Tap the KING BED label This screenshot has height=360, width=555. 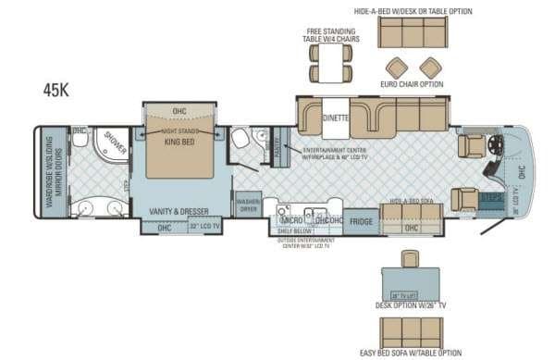(x=179, y=142)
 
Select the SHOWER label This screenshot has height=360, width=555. (x=116, y=141)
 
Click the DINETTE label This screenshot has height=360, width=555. (x=335, y=118)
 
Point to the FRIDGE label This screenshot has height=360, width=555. (x=361, y=221)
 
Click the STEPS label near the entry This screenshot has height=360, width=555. (x=491, y=196)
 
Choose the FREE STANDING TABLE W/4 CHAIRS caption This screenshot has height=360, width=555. (x=329, y=35)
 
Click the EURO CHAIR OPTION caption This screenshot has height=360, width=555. (x=412, y=84)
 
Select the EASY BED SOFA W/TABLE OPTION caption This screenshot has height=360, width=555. (x=411, y=353)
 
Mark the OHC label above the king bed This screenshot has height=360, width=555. (x=179, y=111)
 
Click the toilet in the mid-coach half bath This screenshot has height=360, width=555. (x=242, y=140)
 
